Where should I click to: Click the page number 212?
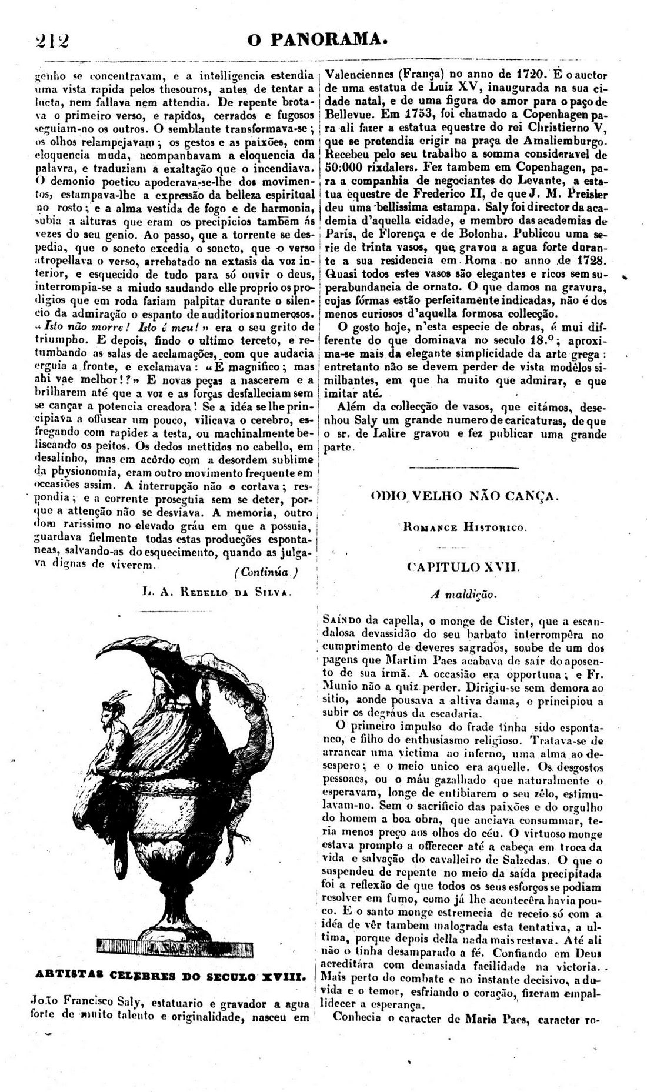tap(52, 41)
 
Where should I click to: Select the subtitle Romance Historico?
tap(465, 528)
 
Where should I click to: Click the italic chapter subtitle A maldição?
tap(464, 595)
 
